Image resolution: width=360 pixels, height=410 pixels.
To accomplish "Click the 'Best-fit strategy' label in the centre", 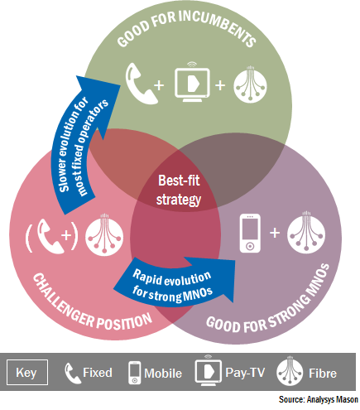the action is [179, 190].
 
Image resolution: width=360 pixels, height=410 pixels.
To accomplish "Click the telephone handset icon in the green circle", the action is [141, 84].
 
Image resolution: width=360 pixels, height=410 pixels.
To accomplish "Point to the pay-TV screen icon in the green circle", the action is [192, 82].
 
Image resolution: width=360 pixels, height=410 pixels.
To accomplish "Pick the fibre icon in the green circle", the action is [250, 84].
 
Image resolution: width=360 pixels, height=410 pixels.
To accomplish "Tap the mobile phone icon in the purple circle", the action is [250, 234].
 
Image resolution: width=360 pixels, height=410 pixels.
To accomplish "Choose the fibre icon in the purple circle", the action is [306, 233].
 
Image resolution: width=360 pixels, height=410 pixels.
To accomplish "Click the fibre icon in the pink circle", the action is [104, 234].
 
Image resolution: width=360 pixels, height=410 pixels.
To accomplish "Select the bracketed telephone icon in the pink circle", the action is [52, 236].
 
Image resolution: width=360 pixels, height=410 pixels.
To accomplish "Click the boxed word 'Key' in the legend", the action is [27, 373].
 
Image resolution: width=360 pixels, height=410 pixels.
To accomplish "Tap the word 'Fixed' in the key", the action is [98, 373].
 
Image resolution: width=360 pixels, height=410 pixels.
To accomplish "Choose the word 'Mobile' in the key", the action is [163, 374].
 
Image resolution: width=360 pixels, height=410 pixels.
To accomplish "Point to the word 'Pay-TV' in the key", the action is [245, 373].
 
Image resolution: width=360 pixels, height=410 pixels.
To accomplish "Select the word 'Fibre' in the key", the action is [323, 374].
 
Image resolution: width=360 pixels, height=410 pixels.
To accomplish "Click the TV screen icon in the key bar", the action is [209, 370].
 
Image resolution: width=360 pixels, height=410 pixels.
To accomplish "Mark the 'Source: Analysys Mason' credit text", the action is [319, 399].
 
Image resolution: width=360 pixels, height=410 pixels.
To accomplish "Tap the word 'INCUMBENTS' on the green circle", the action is [218, 27].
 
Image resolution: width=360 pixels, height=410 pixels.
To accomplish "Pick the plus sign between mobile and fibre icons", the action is [275, 233].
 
